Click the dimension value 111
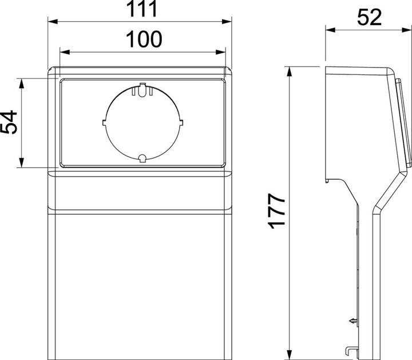coord(142,10)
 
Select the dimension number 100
coord(142,39)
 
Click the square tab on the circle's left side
coord(104,121)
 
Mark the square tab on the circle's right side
coord(180,122)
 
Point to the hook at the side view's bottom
coord(349,350)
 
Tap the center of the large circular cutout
coord(142,122)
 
